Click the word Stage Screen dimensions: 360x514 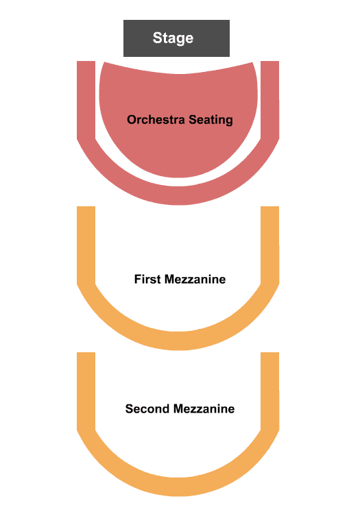tap(173, 38)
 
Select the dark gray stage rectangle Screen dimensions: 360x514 tap(176, 38)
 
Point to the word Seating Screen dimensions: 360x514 tap(211, 121)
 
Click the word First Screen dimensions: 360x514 tap(147, 280)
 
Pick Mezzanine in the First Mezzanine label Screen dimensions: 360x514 tap(195, 280)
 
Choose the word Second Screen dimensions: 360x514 tap(147, 408)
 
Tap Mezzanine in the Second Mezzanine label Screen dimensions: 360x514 tap(204, 408)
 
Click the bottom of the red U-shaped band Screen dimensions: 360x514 tap(178, 196)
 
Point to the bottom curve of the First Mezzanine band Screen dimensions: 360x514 tap(178, 341)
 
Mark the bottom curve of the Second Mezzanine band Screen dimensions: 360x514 tap(178, 487)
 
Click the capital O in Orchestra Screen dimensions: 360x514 tap(132, 120)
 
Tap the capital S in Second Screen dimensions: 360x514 tap(129, 408)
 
